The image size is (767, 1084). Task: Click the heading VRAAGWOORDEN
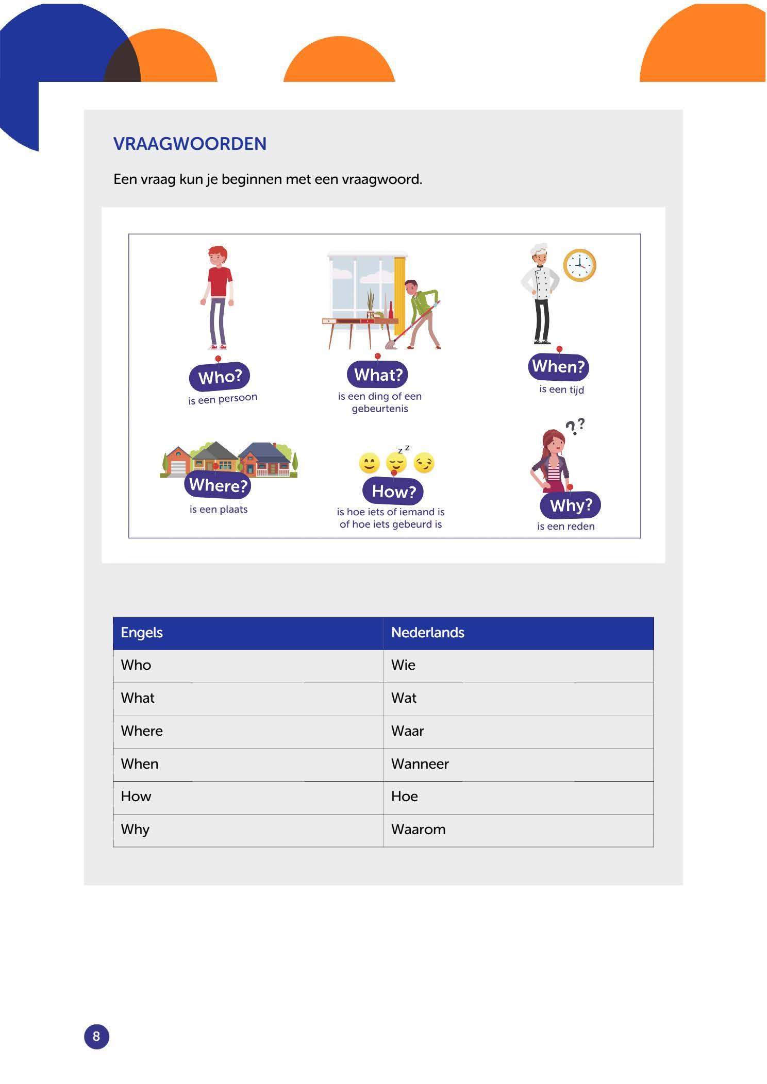pyautogui.click(x=190, y=144)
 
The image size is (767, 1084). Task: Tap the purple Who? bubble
pyautogui.click(x=220, y=377)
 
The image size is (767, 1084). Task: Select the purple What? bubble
pyautogui.click(x=378, y=375)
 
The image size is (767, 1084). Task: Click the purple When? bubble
pyautogui.click(x=558, y=366)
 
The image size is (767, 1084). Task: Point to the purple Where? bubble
pyautogui.click(x=218, y=485)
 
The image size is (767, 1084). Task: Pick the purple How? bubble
pyautogui.click(x=393, y=491)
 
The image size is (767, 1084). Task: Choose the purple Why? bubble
pyautogui.click(x=571, y=505)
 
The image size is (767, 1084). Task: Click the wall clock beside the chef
pyautogui.click(x=579, y=265)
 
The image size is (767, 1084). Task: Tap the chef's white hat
pyautogui.click(x=539, y=248)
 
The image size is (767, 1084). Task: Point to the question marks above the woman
pyautogui.click(x=575, y=426)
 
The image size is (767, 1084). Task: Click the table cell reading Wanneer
pyautogui.click(x=518, y=764)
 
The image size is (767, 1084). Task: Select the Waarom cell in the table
pyautogui.click(x=518, y=829)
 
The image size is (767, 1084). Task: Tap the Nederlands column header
pyautogui.click(x=518, y=633)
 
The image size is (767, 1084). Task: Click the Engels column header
pyautogui.click(x=248, y=633)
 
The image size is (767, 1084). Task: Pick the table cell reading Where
pyautogui.click(x=248, y=731)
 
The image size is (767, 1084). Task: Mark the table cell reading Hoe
pyautogui.click(x=518, y=797)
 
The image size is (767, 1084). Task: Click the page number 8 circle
pyautogui.click(x=96, y=1037)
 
